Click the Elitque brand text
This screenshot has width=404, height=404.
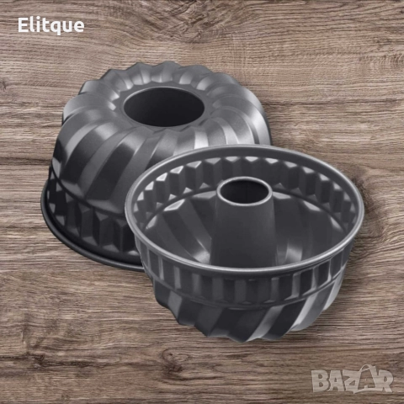[51, 25]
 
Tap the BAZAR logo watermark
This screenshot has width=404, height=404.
[352, 379]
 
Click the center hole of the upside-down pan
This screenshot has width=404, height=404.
[163, 106]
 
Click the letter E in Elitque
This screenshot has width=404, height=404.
[23, 25]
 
